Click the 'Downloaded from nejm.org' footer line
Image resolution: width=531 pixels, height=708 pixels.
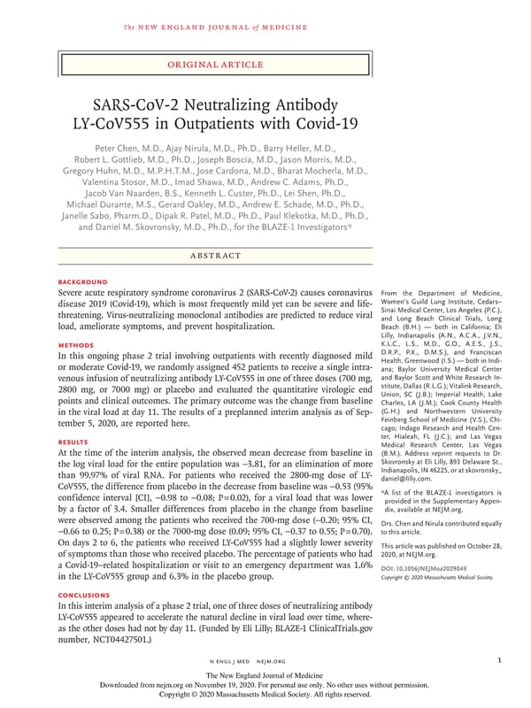coord(265,684)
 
